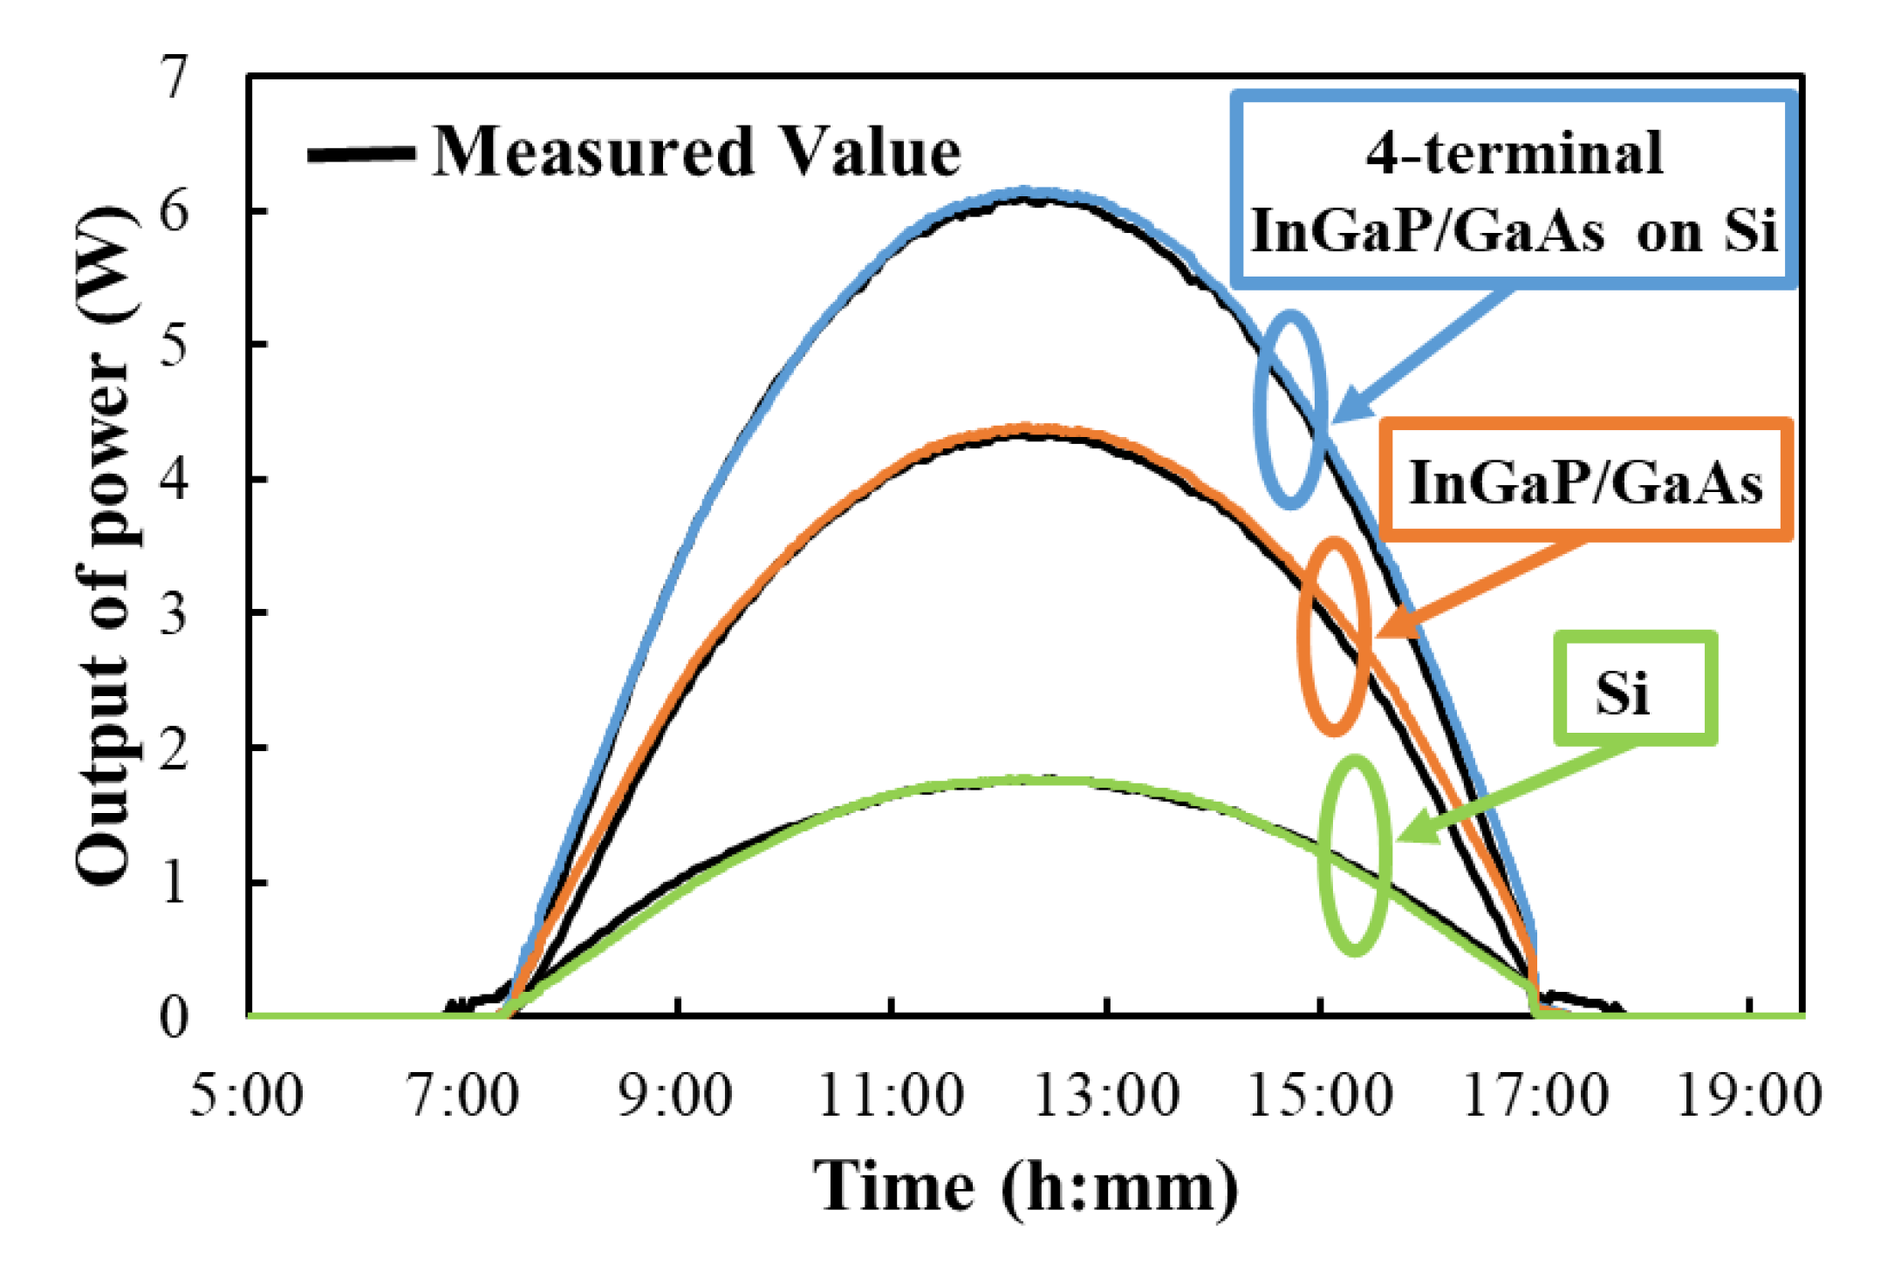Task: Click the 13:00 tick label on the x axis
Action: point(1105,1096)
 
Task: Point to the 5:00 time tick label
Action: point(247,1096)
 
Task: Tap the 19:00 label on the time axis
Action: point(1749,1096)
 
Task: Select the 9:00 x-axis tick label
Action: point(675,1096)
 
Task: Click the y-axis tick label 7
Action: point(175,78)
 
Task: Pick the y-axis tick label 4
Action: point(175,479)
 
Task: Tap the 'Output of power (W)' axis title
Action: point(105,545)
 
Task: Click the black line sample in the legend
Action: point(361,154)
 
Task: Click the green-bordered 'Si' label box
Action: point(1635,689)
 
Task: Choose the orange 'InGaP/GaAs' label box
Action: point(1586,481)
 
